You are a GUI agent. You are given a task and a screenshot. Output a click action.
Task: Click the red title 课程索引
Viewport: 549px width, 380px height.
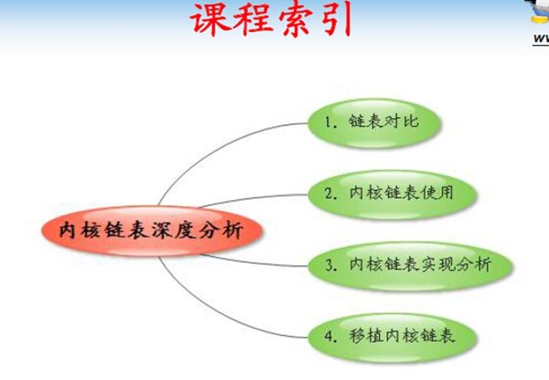pos(271,19)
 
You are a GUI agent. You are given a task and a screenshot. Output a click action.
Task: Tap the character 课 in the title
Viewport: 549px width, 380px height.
pos(209,19)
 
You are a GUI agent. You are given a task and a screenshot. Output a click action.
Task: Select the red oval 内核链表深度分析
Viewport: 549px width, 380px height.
pos(152,231)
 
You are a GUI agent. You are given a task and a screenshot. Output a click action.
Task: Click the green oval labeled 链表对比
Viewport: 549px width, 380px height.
pos(374,123)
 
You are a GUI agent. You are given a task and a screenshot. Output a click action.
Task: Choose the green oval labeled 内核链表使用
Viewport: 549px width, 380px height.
pos(392,194)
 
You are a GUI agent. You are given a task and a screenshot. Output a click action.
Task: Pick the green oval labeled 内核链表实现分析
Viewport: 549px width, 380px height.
pos(410,266)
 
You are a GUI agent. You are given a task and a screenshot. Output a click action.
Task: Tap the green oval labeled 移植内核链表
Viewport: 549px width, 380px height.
pos(392,338)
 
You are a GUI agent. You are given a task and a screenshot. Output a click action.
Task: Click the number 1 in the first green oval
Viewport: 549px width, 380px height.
pos(328,122)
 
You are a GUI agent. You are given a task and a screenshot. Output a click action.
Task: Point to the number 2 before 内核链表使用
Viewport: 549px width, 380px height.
pos(329,193)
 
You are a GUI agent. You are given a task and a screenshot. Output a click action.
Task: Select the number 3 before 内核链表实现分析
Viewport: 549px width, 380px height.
pos(329,265)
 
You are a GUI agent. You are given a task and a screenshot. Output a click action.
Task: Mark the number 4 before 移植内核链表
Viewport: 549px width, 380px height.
pos(329,336)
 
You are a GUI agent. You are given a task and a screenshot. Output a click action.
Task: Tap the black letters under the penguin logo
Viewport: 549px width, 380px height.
pos(541,39)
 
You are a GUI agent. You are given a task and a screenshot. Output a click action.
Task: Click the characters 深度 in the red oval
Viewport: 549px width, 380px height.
pos(174,231)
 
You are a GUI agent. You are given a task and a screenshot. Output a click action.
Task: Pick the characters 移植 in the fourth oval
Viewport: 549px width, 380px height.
pos(367,336)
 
